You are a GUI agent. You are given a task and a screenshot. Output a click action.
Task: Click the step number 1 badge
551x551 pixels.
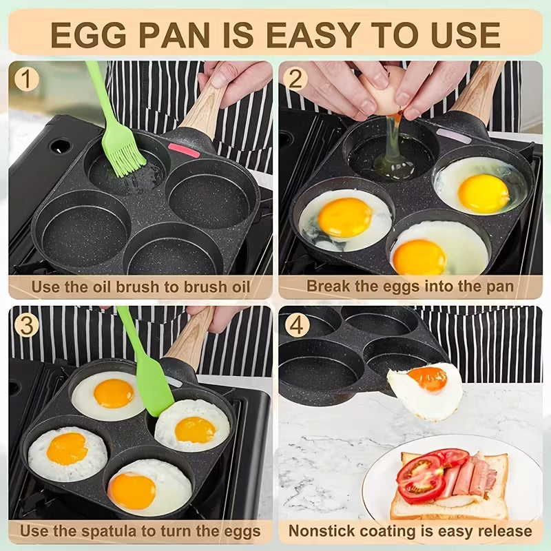tap(26, 79)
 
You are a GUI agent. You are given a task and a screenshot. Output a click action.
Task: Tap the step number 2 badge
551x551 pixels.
tap(295, 79)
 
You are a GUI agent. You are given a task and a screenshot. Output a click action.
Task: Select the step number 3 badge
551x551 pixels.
tap(26, 324)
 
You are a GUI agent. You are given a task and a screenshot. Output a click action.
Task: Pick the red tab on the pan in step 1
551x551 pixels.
tap(184, 150)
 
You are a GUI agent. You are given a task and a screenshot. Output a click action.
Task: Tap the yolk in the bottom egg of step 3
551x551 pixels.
tap(132, 490)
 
